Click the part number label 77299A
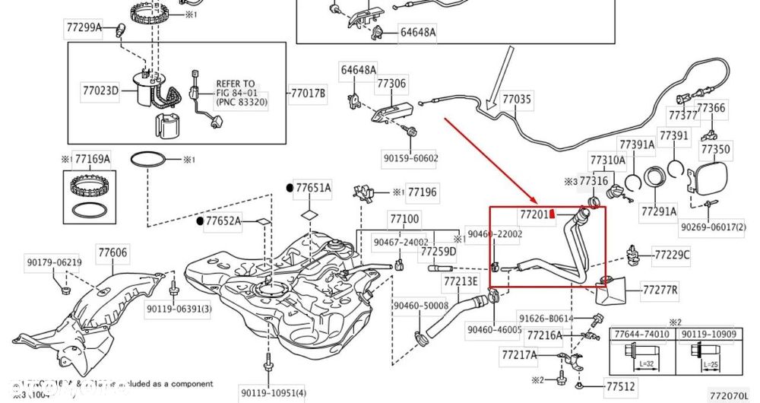[84, 28]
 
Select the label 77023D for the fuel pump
[101, 91]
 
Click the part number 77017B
[308, 94]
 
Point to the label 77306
[391, 83]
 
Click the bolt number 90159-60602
[410, 158]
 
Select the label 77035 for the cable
[518, 99]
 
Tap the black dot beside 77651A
[290, 187]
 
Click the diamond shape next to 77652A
[262, 221]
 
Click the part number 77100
[404, 218]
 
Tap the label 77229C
[672, 255]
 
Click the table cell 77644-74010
[641, 335]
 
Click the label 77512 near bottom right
[620, 387]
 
